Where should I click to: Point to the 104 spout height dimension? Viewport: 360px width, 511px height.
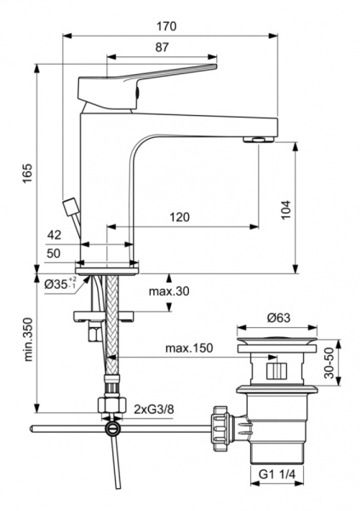(x=309, y=208)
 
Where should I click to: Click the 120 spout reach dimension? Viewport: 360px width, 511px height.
(x=180, y=217)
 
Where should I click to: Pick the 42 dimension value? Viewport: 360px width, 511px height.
(x=54, y=235)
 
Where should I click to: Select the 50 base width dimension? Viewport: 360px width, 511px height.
(x=54, y=254)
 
